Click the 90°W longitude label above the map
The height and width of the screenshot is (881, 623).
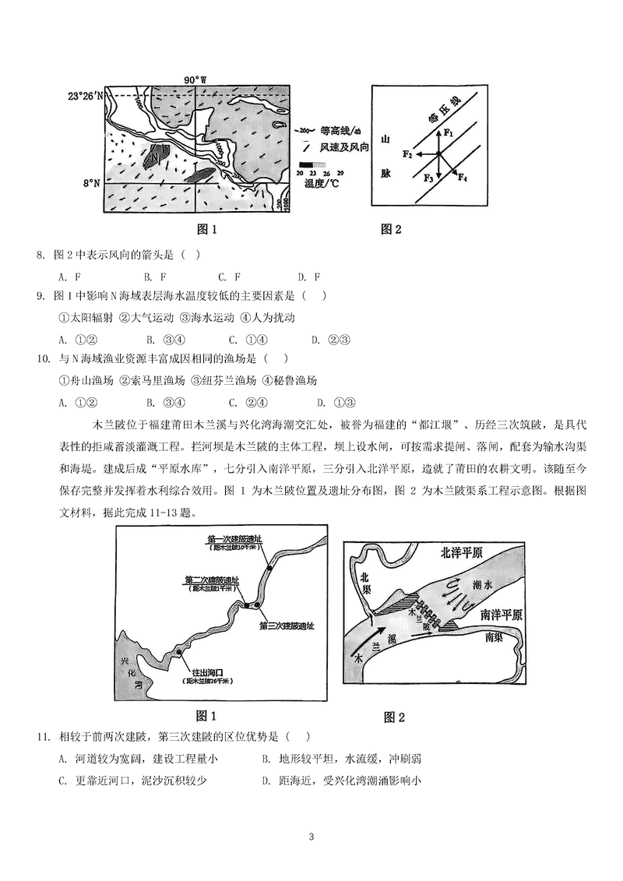195,79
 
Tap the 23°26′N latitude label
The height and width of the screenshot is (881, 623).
85,96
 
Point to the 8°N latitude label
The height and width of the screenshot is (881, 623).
92,182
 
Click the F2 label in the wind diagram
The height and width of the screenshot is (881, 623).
407,154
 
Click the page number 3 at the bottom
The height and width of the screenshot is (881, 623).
311,837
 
